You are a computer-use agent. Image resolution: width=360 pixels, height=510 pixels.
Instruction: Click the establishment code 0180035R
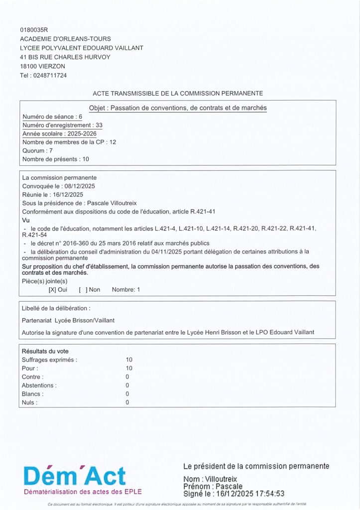click(x=34, y=30)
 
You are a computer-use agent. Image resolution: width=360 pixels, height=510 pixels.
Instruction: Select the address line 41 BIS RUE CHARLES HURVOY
click(x=65, y=57)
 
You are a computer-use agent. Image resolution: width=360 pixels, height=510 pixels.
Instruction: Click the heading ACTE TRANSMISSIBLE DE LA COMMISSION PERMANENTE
click(x=178, y=93)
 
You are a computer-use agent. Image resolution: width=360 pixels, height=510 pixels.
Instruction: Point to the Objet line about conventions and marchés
click(x=178, y=108)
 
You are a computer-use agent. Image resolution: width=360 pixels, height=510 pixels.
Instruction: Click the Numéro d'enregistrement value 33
click(x=99, y=125)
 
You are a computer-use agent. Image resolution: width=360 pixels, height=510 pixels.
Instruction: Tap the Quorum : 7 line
click(x=37, y=150)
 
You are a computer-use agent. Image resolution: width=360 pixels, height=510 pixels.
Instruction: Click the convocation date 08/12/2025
click(x=79, y=186)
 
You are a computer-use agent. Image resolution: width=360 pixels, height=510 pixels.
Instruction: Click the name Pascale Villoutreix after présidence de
click(x=112, y=203)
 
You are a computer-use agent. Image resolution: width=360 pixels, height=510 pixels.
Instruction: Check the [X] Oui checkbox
click(x=52, y=289)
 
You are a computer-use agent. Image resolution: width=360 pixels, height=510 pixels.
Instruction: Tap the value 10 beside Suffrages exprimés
click(x=129, y=359)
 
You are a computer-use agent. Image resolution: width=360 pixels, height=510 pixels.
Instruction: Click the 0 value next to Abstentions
click(x=127, y=385)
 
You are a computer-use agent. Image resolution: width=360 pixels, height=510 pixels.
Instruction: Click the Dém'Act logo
click(x=75, y=477)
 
